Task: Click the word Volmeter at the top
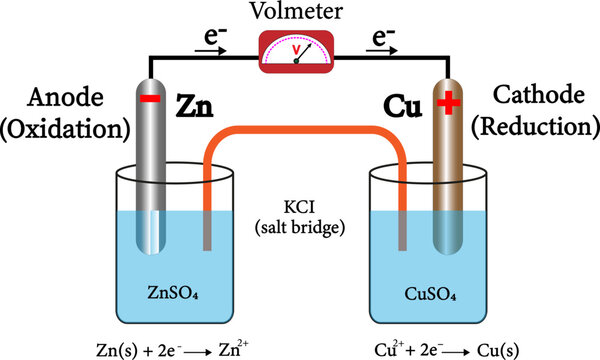(x=300, y=13)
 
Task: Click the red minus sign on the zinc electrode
(x=149, y=98)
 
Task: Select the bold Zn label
(x=198, y=104)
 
